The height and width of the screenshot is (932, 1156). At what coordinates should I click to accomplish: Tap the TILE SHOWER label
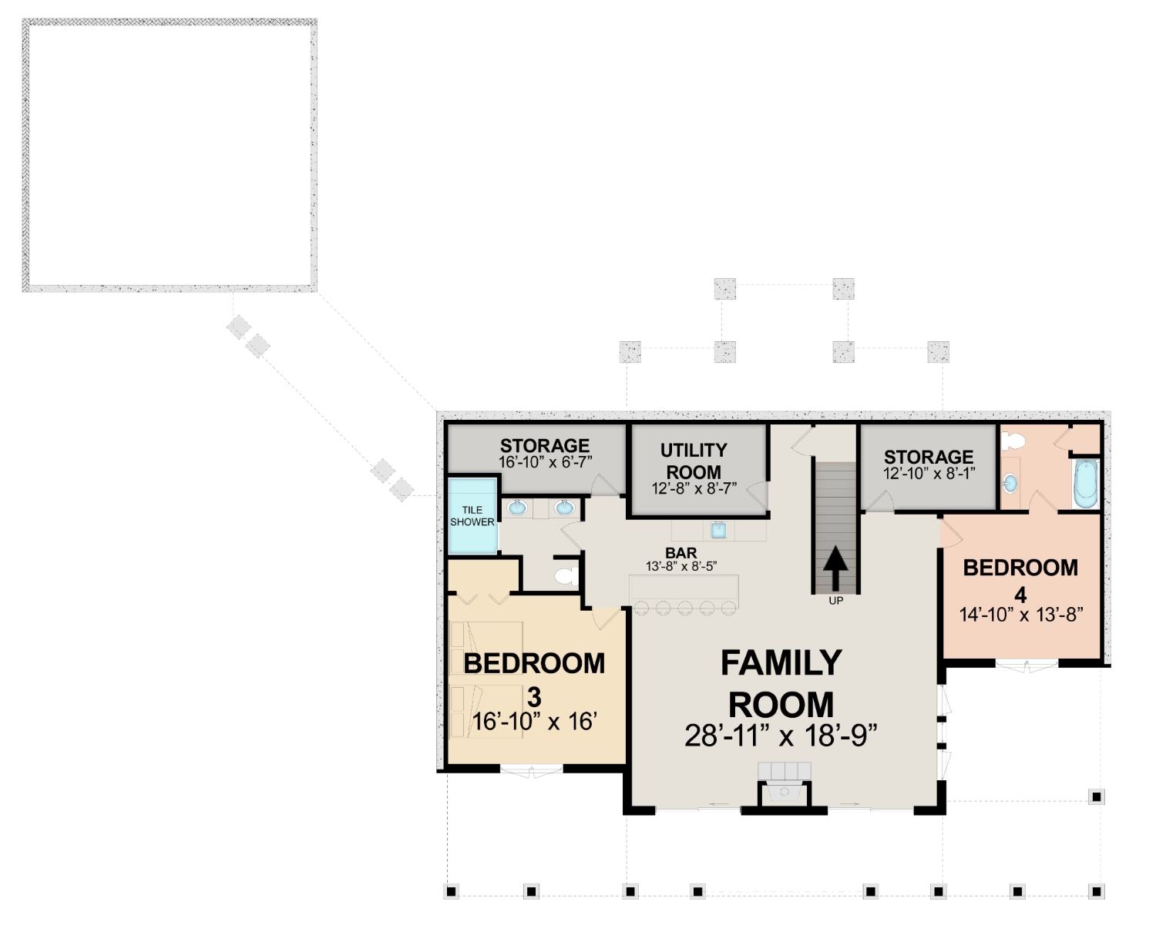472,516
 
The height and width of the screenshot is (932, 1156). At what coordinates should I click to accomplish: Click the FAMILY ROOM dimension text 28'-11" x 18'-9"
781,736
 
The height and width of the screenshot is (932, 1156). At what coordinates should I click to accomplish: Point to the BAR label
680,552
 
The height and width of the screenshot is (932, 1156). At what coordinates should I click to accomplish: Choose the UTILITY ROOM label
694,461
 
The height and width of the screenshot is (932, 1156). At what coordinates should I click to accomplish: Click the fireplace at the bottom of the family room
785,792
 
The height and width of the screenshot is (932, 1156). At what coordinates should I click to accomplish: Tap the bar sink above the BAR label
718,531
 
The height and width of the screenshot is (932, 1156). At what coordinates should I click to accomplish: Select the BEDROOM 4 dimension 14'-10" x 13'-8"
1020,615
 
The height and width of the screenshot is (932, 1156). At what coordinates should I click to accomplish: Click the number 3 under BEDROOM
534,698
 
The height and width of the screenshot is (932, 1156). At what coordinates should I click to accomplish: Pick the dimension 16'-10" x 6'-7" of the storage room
545,461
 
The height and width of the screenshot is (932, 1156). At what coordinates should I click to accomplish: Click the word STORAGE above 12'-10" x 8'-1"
928,458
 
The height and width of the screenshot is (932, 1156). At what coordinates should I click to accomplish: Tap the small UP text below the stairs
836,601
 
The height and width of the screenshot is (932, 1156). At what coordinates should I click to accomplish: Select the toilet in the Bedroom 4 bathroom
1013,441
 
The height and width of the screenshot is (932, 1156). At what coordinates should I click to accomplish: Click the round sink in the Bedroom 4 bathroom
1010,483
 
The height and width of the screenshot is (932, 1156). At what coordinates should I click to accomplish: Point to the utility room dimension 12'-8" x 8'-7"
694,488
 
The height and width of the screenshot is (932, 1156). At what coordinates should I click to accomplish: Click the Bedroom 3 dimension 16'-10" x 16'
535,722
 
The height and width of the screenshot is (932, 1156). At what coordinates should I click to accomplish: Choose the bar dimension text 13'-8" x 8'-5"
681,566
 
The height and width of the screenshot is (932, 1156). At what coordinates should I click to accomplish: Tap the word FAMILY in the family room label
781,662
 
